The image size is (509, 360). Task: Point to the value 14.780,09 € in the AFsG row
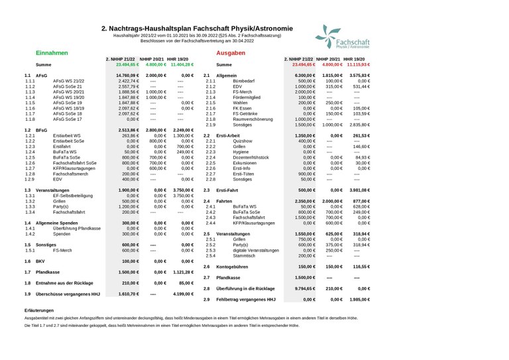[126, 76]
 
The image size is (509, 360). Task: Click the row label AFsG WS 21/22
[69, 81]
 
